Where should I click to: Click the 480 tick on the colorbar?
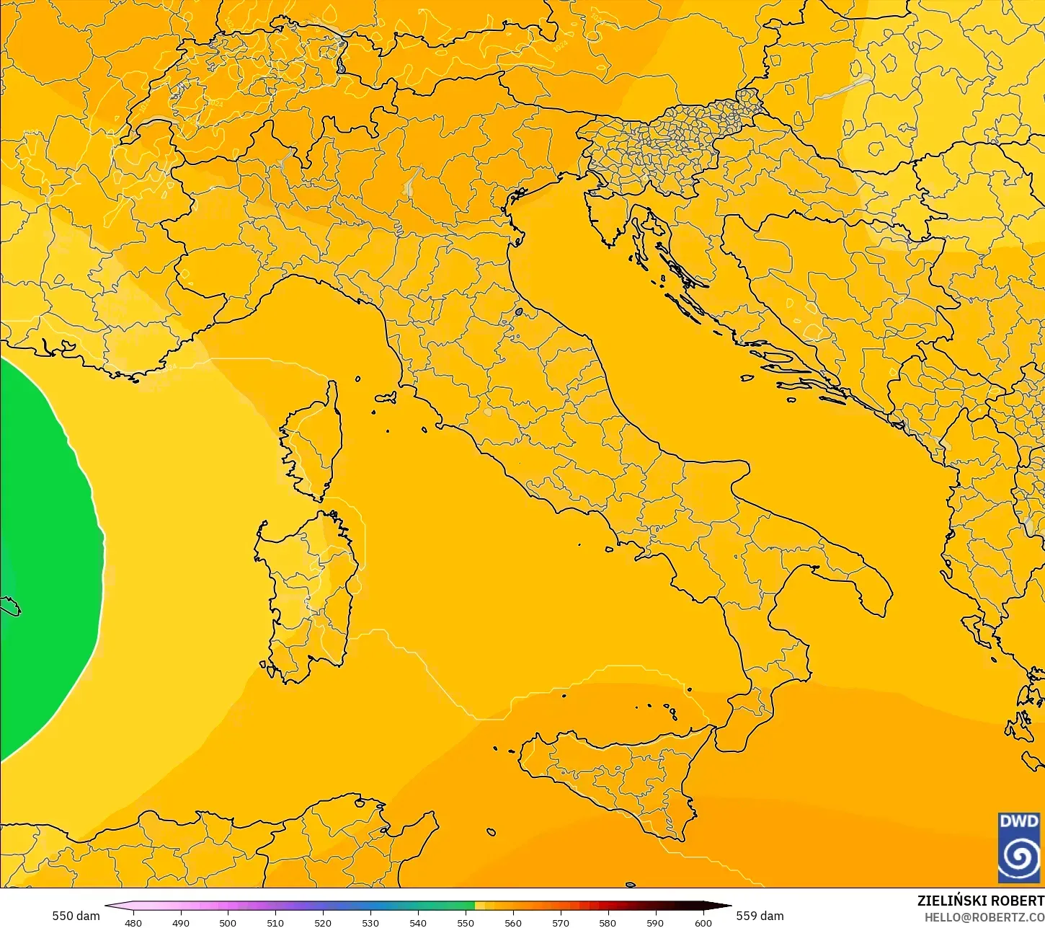pyautogui.click(x=133, y=922)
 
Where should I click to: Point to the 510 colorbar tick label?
pyautogui.click(x=275, y=922)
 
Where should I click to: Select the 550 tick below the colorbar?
pyautogui.click(x=466, y=922)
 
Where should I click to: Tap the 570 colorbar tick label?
pyautogui.click(x=561, y=922)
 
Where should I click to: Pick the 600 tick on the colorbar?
pyautogui.click(x=703, y=922)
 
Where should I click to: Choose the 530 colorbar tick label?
pyautogui.click(x=370, y=922)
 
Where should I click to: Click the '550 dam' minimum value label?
pyautogui.click(x=76, y=916)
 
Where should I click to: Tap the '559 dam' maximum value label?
pyautogui.click(x=760, y=916)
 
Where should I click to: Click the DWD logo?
pyautogui.click(x=1019, y=847)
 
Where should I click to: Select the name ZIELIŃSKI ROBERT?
pyautogui.click(x=980, y=901)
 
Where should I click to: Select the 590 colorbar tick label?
pyautogui.click(x=655, y=922)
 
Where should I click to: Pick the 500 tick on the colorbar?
pyautogui.click(x=228, y=922)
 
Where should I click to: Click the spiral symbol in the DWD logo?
pyautogui.click(x=1019, y=857)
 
